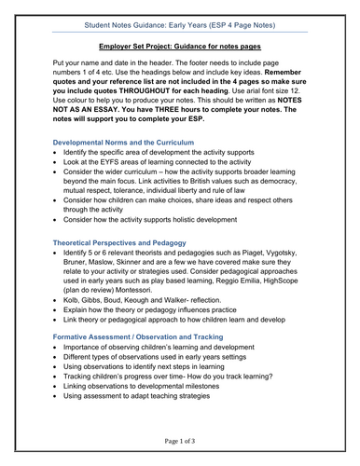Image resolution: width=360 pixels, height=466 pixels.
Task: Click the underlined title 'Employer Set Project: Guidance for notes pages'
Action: click(x=180, y=46)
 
